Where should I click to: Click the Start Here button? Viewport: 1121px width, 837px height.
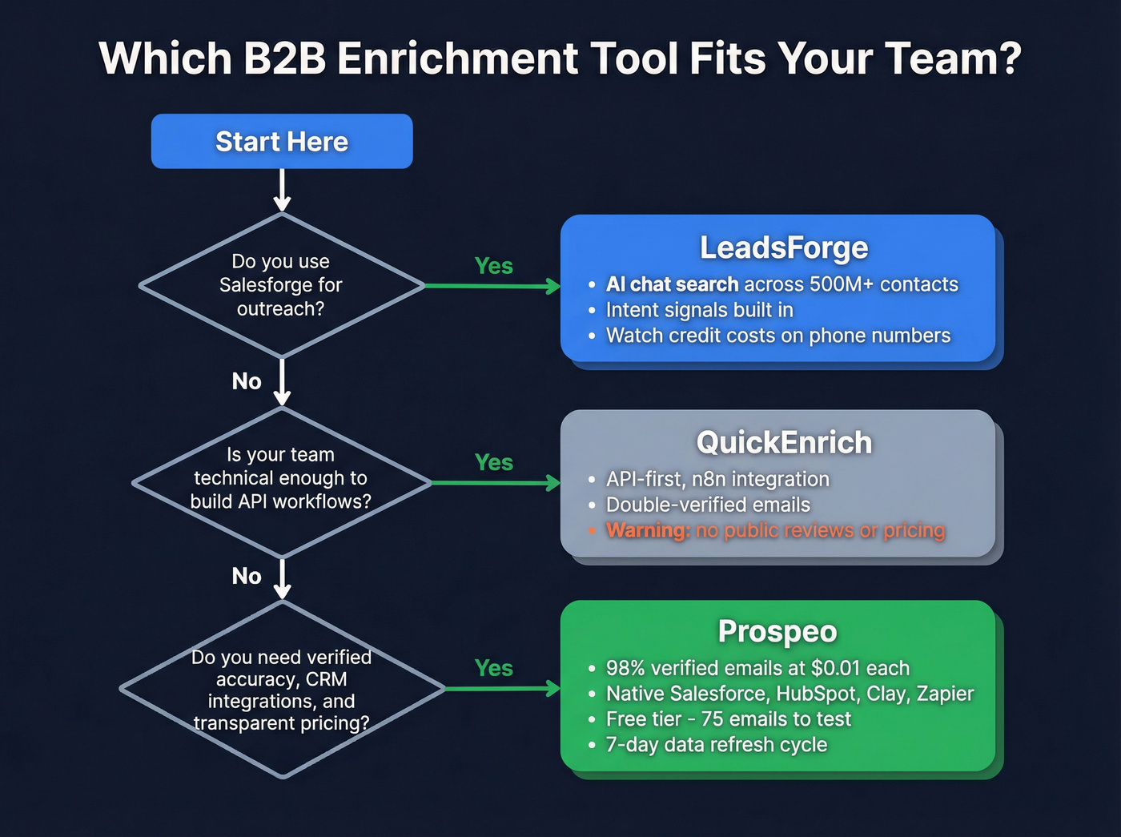[x=282, y=142]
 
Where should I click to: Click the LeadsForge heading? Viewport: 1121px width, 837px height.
[x=783, y=247]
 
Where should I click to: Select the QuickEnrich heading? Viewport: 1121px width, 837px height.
[x=783, y=442]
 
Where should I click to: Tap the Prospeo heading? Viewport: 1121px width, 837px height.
[x=777, y=631]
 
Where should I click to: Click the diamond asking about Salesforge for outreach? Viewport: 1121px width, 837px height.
[x=281, y=285]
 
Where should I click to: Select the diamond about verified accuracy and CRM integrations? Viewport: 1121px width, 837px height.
[x=281, y=690]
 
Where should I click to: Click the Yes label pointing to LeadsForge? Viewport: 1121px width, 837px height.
[x=493, y=266]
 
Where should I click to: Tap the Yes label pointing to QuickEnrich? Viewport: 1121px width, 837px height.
[x=493, y=462]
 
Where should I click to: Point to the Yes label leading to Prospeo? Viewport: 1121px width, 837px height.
[x=493, y=668]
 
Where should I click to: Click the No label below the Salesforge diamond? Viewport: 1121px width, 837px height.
[x=247, y=381]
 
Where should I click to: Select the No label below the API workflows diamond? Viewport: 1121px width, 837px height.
[x=247, y=576]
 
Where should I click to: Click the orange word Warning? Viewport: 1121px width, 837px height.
[x=648, y=530]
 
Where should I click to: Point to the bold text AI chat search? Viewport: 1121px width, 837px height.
[x=672, y=284]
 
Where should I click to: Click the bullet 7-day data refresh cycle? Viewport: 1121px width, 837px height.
[x=716, y=744]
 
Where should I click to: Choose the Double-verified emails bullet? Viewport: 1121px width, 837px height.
[x=708, y=505]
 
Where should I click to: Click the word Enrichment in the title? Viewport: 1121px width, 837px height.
[x=457, y=59]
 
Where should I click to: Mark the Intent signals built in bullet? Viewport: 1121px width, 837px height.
[x=699, y=310]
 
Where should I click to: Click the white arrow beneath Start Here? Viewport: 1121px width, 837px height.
[x=282, y=191]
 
